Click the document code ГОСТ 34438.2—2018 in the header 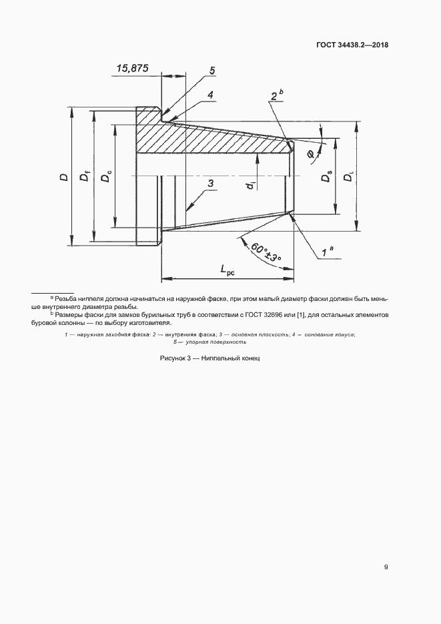tap(352, 45)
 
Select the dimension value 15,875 tap(132, 68)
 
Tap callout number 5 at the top tap(211, 71)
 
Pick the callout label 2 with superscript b tap(277, 95)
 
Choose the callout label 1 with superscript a tap(328, 252)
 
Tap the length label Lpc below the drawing tap(230, 270)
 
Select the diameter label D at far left tap(64, 177)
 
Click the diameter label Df tap(85, 177)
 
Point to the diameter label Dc tap(106, 178)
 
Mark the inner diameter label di tap(248, 187)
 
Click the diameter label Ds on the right tap(326, 178)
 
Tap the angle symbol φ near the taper tap(311, 155)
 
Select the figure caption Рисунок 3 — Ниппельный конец tap(209, 358)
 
